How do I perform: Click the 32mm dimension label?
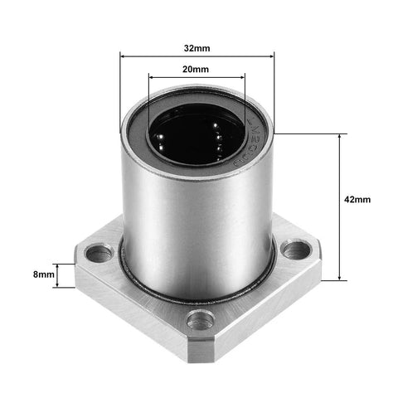[197, 47]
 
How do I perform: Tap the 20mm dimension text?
[197, 70]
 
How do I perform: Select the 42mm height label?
[357, 200]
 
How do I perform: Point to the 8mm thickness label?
[43, 273]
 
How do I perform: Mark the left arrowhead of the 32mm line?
[124, 56]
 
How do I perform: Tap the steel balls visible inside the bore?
[217, 133]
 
